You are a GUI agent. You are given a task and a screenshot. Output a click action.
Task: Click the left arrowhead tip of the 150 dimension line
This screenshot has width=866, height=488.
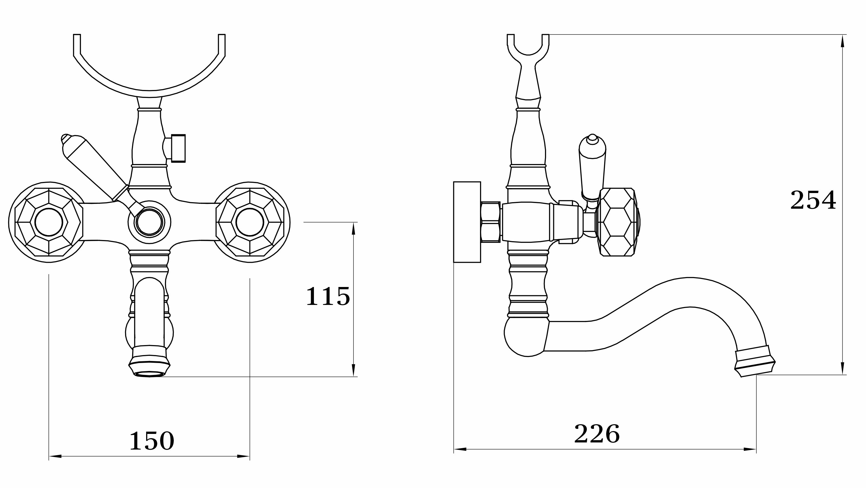[x=49, y=456]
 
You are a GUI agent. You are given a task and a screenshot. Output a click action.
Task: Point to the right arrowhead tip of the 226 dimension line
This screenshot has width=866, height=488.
[x=756, y=449]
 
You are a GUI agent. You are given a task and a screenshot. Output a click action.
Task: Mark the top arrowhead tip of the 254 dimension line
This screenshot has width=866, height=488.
[x=842, y=35]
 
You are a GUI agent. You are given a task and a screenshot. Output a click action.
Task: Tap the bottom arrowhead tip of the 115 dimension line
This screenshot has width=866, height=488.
[x=353, y=376]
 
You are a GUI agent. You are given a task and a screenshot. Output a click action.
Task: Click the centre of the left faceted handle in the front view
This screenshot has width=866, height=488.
[x=49, y=222]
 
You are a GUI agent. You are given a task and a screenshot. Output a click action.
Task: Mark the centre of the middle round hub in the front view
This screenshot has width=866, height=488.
[x=149, y=222]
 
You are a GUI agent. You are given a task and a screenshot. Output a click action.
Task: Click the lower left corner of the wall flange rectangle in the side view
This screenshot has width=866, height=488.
[x=454, y=262]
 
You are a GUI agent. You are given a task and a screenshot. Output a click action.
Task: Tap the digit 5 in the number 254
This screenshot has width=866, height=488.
[x=813, y=200]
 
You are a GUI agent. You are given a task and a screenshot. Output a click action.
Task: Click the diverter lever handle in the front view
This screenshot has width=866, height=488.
[x=95, y=167]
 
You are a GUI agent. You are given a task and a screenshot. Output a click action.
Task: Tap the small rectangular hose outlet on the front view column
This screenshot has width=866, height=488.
[x=178, y=148]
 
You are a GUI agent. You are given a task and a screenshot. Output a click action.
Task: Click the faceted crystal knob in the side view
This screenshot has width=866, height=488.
[x=618, y=222]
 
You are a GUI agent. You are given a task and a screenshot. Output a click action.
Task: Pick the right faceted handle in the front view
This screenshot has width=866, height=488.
[x=250, y=222]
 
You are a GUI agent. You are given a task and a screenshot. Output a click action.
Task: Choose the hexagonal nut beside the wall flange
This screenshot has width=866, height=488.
[x=491, y=222]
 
